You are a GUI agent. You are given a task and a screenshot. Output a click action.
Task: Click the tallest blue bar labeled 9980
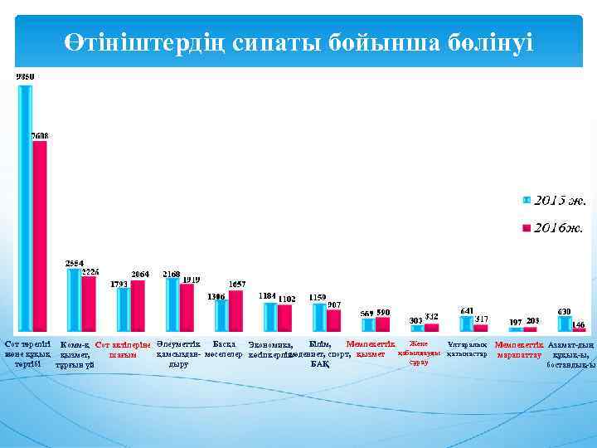pos(25,207)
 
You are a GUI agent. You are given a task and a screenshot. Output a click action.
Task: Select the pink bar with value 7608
pos(39,236)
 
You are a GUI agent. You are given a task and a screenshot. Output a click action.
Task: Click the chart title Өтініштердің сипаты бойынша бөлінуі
pos(299,41)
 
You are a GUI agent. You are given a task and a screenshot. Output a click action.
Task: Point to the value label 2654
pos(75,263)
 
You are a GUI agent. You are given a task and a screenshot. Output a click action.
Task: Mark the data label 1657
pos(236,284)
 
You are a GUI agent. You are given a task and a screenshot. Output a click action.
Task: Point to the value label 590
pos(383,312)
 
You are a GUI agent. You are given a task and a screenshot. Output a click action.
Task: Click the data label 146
pos(579,324)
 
